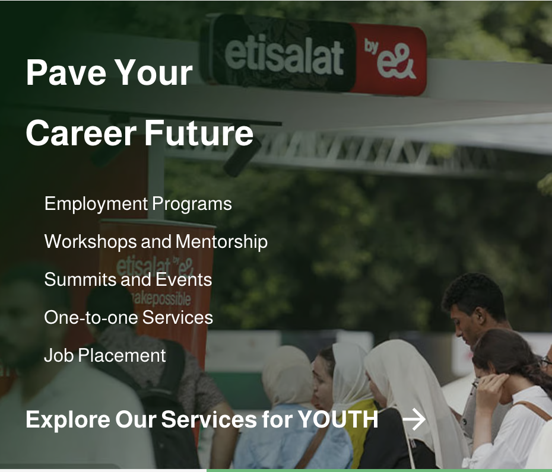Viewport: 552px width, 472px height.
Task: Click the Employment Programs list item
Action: (138, 204)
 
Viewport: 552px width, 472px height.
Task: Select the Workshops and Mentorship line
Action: (156, 241)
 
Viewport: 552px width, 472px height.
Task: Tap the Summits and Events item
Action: (128, 280)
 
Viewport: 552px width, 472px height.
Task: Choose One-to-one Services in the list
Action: (128, 317)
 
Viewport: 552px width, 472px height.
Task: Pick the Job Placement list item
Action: (105, 355)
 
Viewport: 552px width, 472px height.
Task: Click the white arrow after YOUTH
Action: (414, 419)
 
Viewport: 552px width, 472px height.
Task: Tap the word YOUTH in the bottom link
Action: (338, 419)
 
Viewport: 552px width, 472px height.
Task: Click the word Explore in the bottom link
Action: (68, 420)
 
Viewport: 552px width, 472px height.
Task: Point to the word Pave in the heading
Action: (66, 72)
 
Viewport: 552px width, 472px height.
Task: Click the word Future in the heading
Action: (199, 133)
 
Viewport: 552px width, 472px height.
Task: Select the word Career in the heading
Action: (81, 133)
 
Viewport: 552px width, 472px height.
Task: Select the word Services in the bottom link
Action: (209, 419)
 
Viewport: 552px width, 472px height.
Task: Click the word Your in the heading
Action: (154, 72)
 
